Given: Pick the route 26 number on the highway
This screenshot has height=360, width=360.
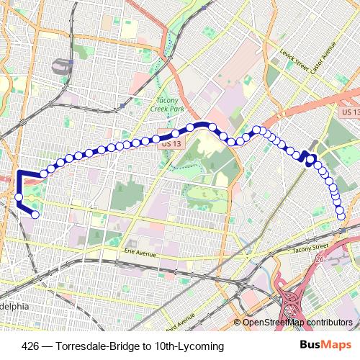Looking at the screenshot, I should [320, 258].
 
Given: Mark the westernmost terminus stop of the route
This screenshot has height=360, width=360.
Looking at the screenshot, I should [35, 213].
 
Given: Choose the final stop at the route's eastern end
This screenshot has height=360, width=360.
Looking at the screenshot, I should [342, 216].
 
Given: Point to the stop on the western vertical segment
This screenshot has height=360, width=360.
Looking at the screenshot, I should [19, 196].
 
